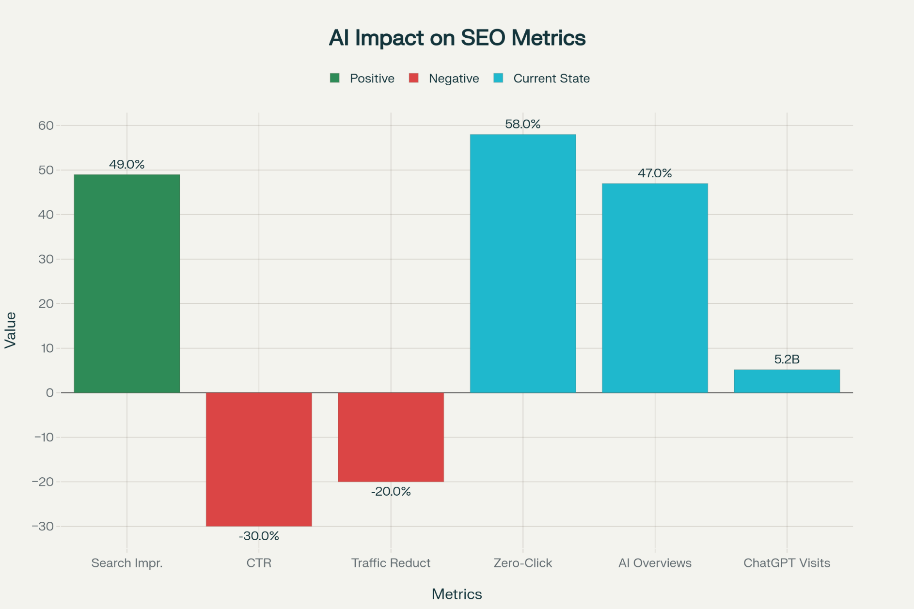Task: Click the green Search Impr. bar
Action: click(x=127, y=283)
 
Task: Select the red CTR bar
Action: click(x=259, y=459)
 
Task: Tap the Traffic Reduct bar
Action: click(x=391, y=437)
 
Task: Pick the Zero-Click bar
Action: click(x=523, y=264)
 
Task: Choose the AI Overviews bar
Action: click(x=655, y=288)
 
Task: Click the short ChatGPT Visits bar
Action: click(x=787, y=381)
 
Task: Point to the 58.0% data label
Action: click(x=522, y=125)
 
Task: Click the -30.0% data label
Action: click(x=259, y=536)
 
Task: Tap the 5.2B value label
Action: click(x=787, y=359)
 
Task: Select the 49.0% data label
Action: click(x=127, y=165)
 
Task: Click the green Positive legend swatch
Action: click(x=334, y=78)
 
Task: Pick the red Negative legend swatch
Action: click(x=413, y=78)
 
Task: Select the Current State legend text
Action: click(x=552, y=78)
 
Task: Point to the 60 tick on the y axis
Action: click(x=46, y=126)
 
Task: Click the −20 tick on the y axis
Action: click(x=43, y=482)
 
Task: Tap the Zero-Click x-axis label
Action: click(x=523, y=563)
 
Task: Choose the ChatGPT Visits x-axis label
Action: click(x=787, y=563)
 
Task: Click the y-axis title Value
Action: click(x=11, y=330)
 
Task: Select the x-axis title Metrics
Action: click(x=457, y=594)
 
